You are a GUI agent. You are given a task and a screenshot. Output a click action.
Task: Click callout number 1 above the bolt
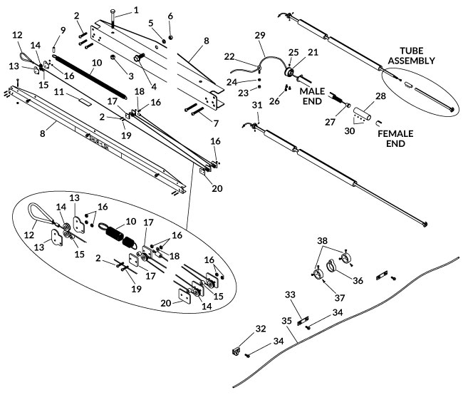point(136,10)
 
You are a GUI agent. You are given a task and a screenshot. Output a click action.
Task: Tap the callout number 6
point(170,16)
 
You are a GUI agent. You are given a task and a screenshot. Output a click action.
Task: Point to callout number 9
point(63,30)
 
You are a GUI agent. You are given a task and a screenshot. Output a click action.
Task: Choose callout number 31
point(258,106)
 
